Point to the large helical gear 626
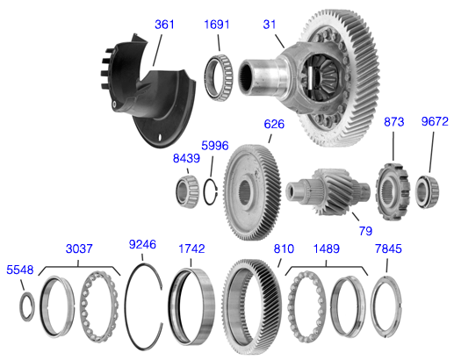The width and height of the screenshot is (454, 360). (x=256, y=185)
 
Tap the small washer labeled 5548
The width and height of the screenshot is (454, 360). (x=27, y=304)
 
